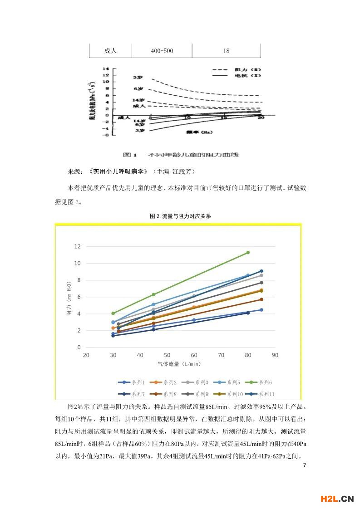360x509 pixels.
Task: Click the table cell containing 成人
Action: (110, 51)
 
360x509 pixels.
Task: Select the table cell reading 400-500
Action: (162, 51)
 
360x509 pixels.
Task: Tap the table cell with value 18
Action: (226, 51)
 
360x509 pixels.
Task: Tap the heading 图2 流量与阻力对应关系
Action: (180, 216)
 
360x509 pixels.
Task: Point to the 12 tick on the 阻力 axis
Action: (77, 246)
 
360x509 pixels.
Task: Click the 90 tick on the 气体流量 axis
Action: (275, 355)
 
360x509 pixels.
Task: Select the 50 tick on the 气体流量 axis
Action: (167, 355)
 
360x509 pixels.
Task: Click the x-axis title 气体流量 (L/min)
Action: (179, 364)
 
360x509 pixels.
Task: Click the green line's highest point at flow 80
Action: (248, 252)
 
